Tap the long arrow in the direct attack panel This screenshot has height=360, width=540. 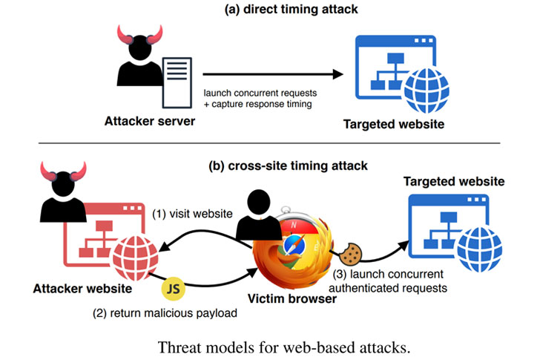274,74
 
